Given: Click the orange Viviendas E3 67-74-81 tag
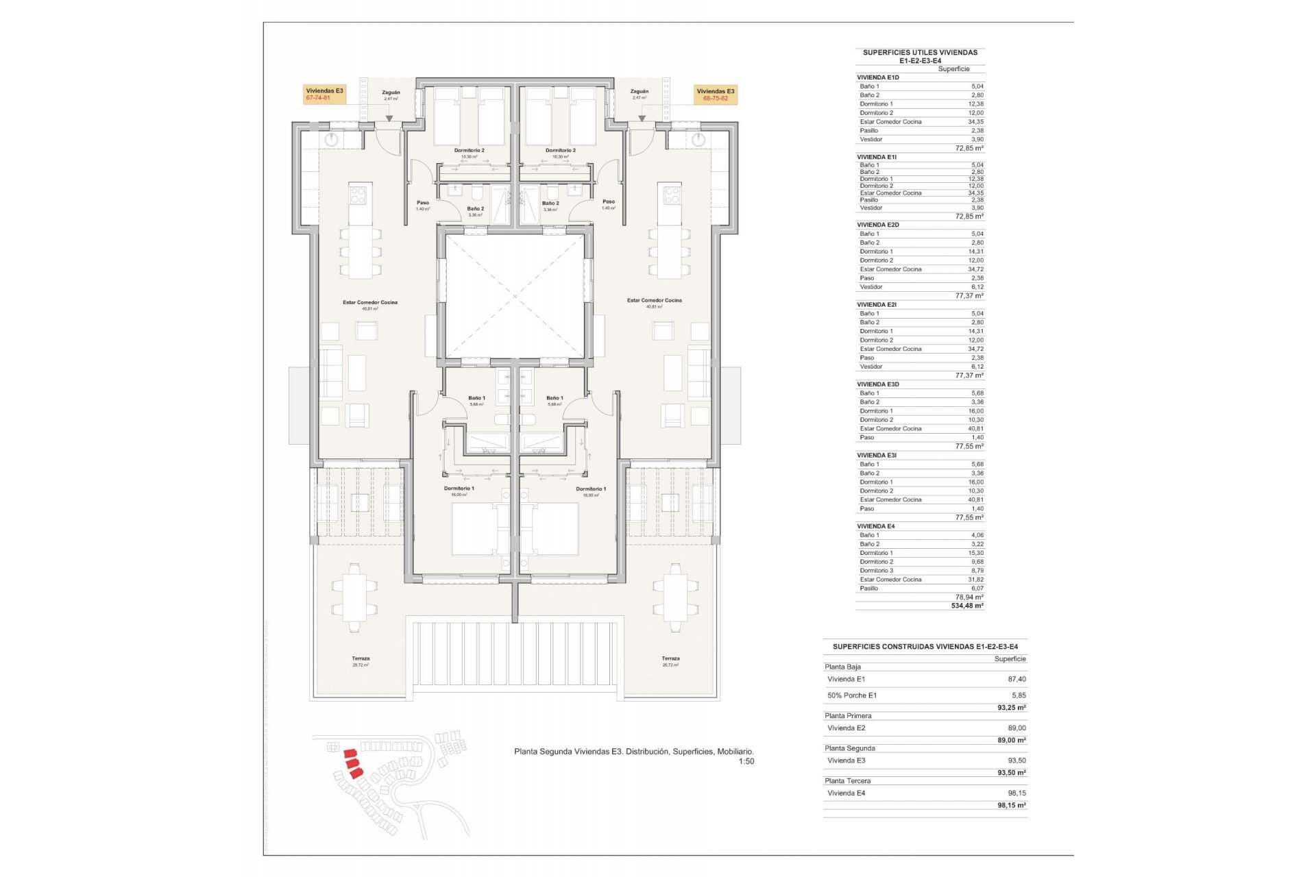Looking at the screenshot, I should (324, 95).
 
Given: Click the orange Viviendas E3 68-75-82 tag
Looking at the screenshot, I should (716, 95).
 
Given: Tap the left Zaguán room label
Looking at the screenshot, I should (391, 92).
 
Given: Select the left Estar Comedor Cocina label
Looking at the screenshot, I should (370, 302).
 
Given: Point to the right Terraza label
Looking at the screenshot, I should (670, 658).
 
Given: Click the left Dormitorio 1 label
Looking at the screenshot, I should (459, 489).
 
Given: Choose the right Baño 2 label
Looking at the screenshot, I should (550, 203).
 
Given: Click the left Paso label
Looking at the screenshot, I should (423, 203).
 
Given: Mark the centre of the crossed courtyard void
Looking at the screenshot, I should (515, 296).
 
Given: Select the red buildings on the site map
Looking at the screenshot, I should (352, 763).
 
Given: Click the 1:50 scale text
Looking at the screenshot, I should (746, 761).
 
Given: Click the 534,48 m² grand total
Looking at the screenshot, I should (966, 606).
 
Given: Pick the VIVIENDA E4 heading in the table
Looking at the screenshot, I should (875, 526).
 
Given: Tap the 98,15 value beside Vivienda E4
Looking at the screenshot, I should (1016, 793).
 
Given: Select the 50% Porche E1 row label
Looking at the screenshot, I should (851, 695).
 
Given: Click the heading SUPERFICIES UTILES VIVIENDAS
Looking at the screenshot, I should (920, 52).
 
